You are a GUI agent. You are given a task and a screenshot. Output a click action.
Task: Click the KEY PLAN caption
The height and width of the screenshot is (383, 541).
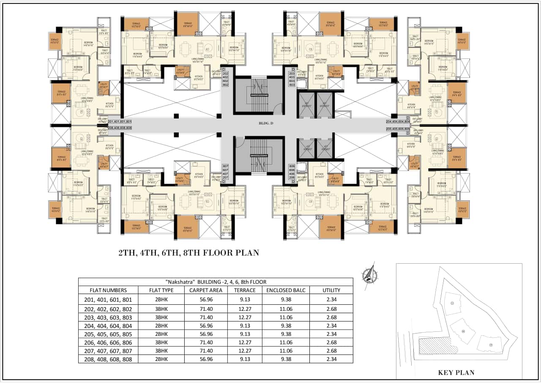[x=456, y=372]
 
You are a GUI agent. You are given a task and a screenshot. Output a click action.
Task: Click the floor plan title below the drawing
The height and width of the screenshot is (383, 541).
[x=189, y=253]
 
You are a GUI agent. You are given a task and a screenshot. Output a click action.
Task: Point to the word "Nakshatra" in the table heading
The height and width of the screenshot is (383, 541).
[x=178, y=281]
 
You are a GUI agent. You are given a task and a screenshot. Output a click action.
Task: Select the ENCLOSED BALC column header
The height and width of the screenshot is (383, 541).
[x=286, y=290]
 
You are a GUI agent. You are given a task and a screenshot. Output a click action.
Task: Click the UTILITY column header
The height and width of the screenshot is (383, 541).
[x=331, y=290]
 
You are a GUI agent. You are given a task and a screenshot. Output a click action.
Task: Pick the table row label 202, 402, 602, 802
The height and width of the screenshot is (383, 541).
[x=108, y=309]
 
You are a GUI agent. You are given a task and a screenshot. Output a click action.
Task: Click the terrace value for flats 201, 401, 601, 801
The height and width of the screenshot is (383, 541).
[x=245, y=300]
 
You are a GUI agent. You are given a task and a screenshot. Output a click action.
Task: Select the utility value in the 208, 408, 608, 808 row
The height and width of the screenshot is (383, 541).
[x=331, y=359]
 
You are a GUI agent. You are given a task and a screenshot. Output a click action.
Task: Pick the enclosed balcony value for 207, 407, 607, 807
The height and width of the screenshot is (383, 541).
[x=286, y=351]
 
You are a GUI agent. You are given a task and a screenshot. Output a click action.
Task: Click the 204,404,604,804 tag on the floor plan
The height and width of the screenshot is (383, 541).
[x=397, y=121]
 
